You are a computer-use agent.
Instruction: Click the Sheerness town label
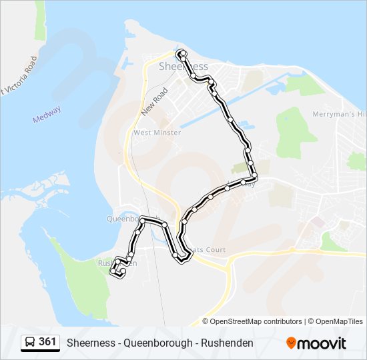[183, 67]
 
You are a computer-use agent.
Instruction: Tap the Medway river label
[47, 115]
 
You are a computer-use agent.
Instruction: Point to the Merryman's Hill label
[339, 115]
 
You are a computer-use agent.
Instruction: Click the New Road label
[153, 106]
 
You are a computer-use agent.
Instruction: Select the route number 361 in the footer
[47, 342]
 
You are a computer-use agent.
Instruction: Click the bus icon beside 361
[30, 343]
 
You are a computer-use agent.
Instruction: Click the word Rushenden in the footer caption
[227, 343]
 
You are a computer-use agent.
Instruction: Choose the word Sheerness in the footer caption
[90, 343]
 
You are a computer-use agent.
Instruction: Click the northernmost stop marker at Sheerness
[180, 52]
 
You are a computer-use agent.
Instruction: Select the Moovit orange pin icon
[291, 343]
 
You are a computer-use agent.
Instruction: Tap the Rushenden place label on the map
[117, 263]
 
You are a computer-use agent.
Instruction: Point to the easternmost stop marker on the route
[254, 177]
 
